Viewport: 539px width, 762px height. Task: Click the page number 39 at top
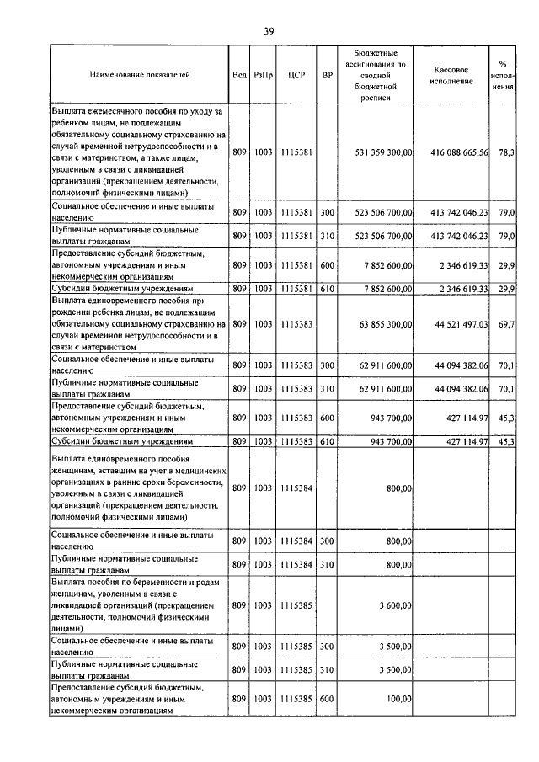pyautogui.click(x=269, y=32)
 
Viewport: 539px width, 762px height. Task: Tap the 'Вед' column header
pyautogui.click(x=239, y=76)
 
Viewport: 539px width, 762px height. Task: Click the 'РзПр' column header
pyautogui.click(x=263, y=76)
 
